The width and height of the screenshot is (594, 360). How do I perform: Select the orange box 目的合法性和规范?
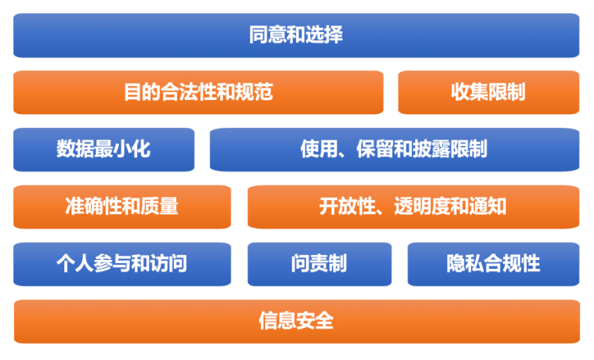(x=198, y=92)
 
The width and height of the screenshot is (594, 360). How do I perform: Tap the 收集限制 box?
(x=488, y=92)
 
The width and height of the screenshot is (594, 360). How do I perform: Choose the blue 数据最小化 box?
(x=104, y=149)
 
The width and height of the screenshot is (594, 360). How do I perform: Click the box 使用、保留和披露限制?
(x=395, y=149)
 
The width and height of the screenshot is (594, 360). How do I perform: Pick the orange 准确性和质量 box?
(x=122, y=207)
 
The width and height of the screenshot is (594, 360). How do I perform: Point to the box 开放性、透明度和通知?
(x=414, y=207)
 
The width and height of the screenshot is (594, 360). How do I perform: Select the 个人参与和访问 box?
(x=122, y=264)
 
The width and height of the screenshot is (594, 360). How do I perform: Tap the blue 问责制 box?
(x=319, y=264)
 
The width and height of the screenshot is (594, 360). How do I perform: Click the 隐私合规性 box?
(x=493, y=264)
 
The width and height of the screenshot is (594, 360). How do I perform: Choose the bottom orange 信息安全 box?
(x=296, y=321)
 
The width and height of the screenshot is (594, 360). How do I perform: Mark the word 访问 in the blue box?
(x=169, y=264)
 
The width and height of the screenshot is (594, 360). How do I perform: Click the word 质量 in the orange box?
(x=160, y=207)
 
